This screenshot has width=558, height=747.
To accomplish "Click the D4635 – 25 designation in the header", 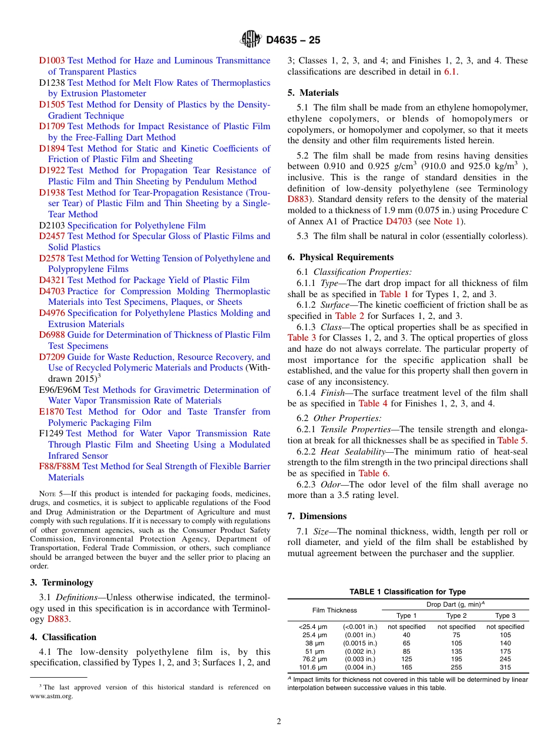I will tap(293, 41).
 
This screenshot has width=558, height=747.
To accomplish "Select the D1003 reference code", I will tap(52, 60).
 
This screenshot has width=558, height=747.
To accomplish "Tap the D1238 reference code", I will tap(52, 83).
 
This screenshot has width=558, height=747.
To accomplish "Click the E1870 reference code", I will tap(52, 412).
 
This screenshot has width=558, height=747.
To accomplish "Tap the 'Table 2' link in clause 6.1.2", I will tap(350, 316).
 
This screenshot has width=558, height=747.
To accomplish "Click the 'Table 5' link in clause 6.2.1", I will tap(512, 440).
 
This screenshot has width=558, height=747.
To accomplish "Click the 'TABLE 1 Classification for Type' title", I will tap(408, 591).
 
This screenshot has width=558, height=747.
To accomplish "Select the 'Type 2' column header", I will tap(456, 615).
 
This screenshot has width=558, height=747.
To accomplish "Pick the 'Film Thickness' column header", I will tap(334, 610).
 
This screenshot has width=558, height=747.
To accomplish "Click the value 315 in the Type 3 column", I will tap(505, 667).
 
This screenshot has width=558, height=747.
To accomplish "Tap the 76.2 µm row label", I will tap(313, 659).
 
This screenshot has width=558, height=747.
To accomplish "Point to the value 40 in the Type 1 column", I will tap(406, 635).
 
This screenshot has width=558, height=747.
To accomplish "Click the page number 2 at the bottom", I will tap(279, 722).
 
